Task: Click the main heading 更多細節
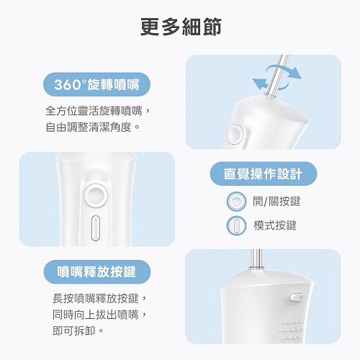[x=181, y=27]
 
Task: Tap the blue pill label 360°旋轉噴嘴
[x=96, y=85]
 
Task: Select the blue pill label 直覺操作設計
[x=264, y=174]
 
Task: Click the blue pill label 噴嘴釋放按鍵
[x=97, y=272]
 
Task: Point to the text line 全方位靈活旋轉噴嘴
[x=94, y=111]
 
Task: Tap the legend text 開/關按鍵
[x=276, y=201]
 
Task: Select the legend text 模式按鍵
[x=275, y=225]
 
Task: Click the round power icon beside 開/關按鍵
[x=236, y=202]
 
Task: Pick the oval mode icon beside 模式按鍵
[x=236, y=225]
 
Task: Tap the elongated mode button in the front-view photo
[x=96, y=228]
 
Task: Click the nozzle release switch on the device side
[x=297, y=297]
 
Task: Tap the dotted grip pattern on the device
[x=291, y=330]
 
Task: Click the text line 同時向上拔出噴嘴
[x=96, y=315]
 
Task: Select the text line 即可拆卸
[x=74, y=330]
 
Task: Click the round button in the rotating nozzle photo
[x=235, y=135]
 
